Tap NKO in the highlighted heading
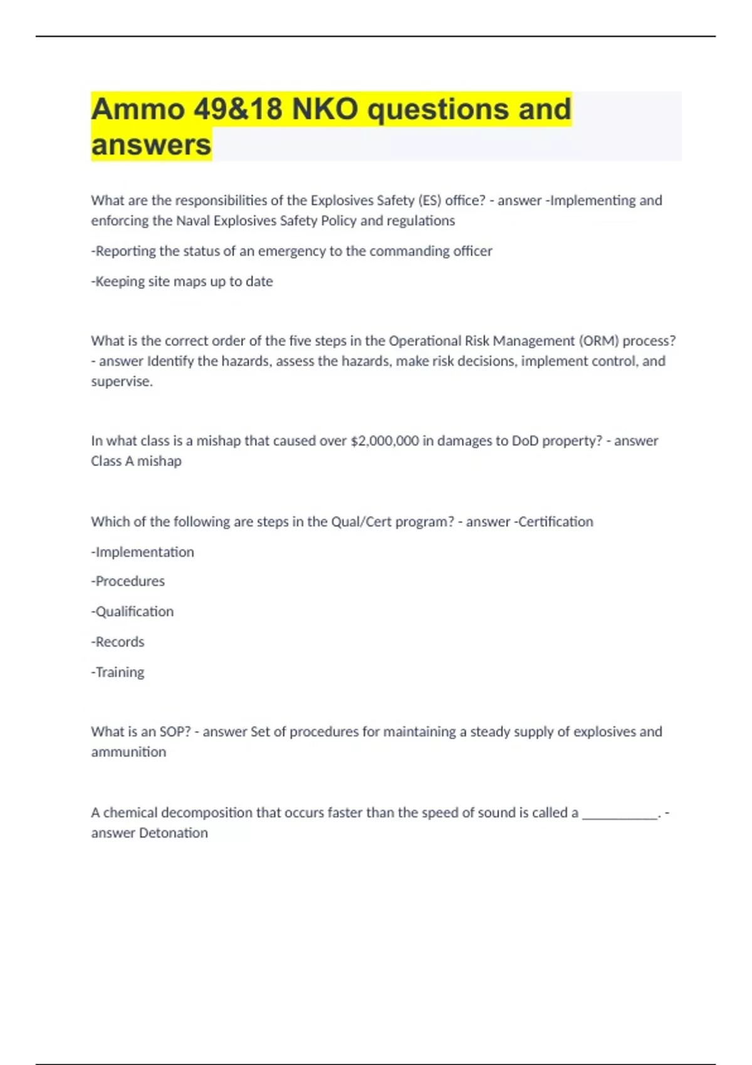coord(325,110)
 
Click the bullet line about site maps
coord(182,281)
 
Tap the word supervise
coord(122,381)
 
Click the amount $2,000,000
coord(384,440)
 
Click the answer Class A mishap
coord(136,461)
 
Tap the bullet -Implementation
coord(142,552)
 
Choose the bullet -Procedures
coord(128,581)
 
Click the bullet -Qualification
coord(132,611)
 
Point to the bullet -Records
coord(118,642)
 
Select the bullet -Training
coord(118,672)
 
